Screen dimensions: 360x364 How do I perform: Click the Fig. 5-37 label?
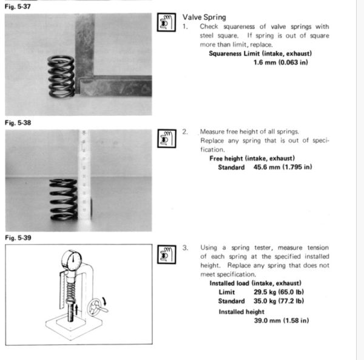click(18, 7)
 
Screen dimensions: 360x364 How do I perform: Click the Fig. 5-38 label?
click(18, 122)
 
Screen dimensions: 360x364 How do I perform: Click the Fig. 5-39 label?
click(18, 238)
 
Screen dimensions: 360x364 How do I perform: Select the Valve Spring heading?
click(204, 18)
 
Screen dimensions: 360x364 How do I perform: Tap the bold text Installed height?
click(242, 312)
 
